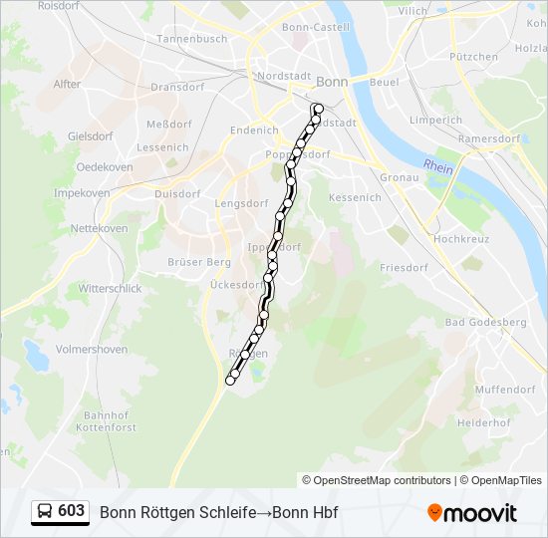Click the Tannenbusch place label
191,39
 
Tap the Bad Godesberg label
485,322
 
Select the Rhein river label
437,165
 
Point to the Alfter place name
68,84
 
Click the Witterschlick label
111,287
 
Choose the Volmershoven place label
92,350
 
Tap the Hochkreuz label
459,240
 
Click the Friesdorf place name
404,268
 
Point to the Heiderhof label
484,422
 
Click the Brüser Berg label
199,262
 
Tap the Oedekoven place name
105,167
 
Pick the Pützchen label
473,57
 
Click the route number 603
72,511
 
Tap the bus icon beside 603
45,512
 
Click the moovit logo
472,513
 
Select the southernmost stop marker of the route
231,380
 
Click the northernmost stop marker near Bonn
318,108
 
